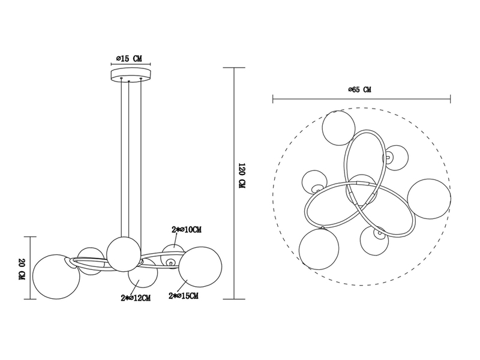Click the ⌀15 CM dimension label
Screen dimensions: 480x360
pyautogui.click(x=130, y=58)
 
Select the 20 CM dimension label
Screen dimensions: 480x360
pyautogui.click(x=22, y=269)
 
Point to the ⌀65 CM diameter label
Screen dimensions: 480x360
pyautogui.click(x=360, y=89)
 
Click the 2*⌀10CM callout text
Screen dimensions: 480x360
pyautogui.click(x=187, y=230)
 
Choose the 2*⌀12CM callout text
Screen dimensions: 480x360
pyautogui.click(x=136, y=298)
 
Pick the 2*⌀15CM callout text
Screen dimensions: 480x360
pyautogui.click(x=184, y=296)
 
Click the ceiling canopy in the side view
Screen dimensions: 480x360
pyautogui.click(x=131, y=75)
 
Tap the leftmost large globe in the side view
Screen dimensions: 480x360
pyautogui.click(x=56, y=277)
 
